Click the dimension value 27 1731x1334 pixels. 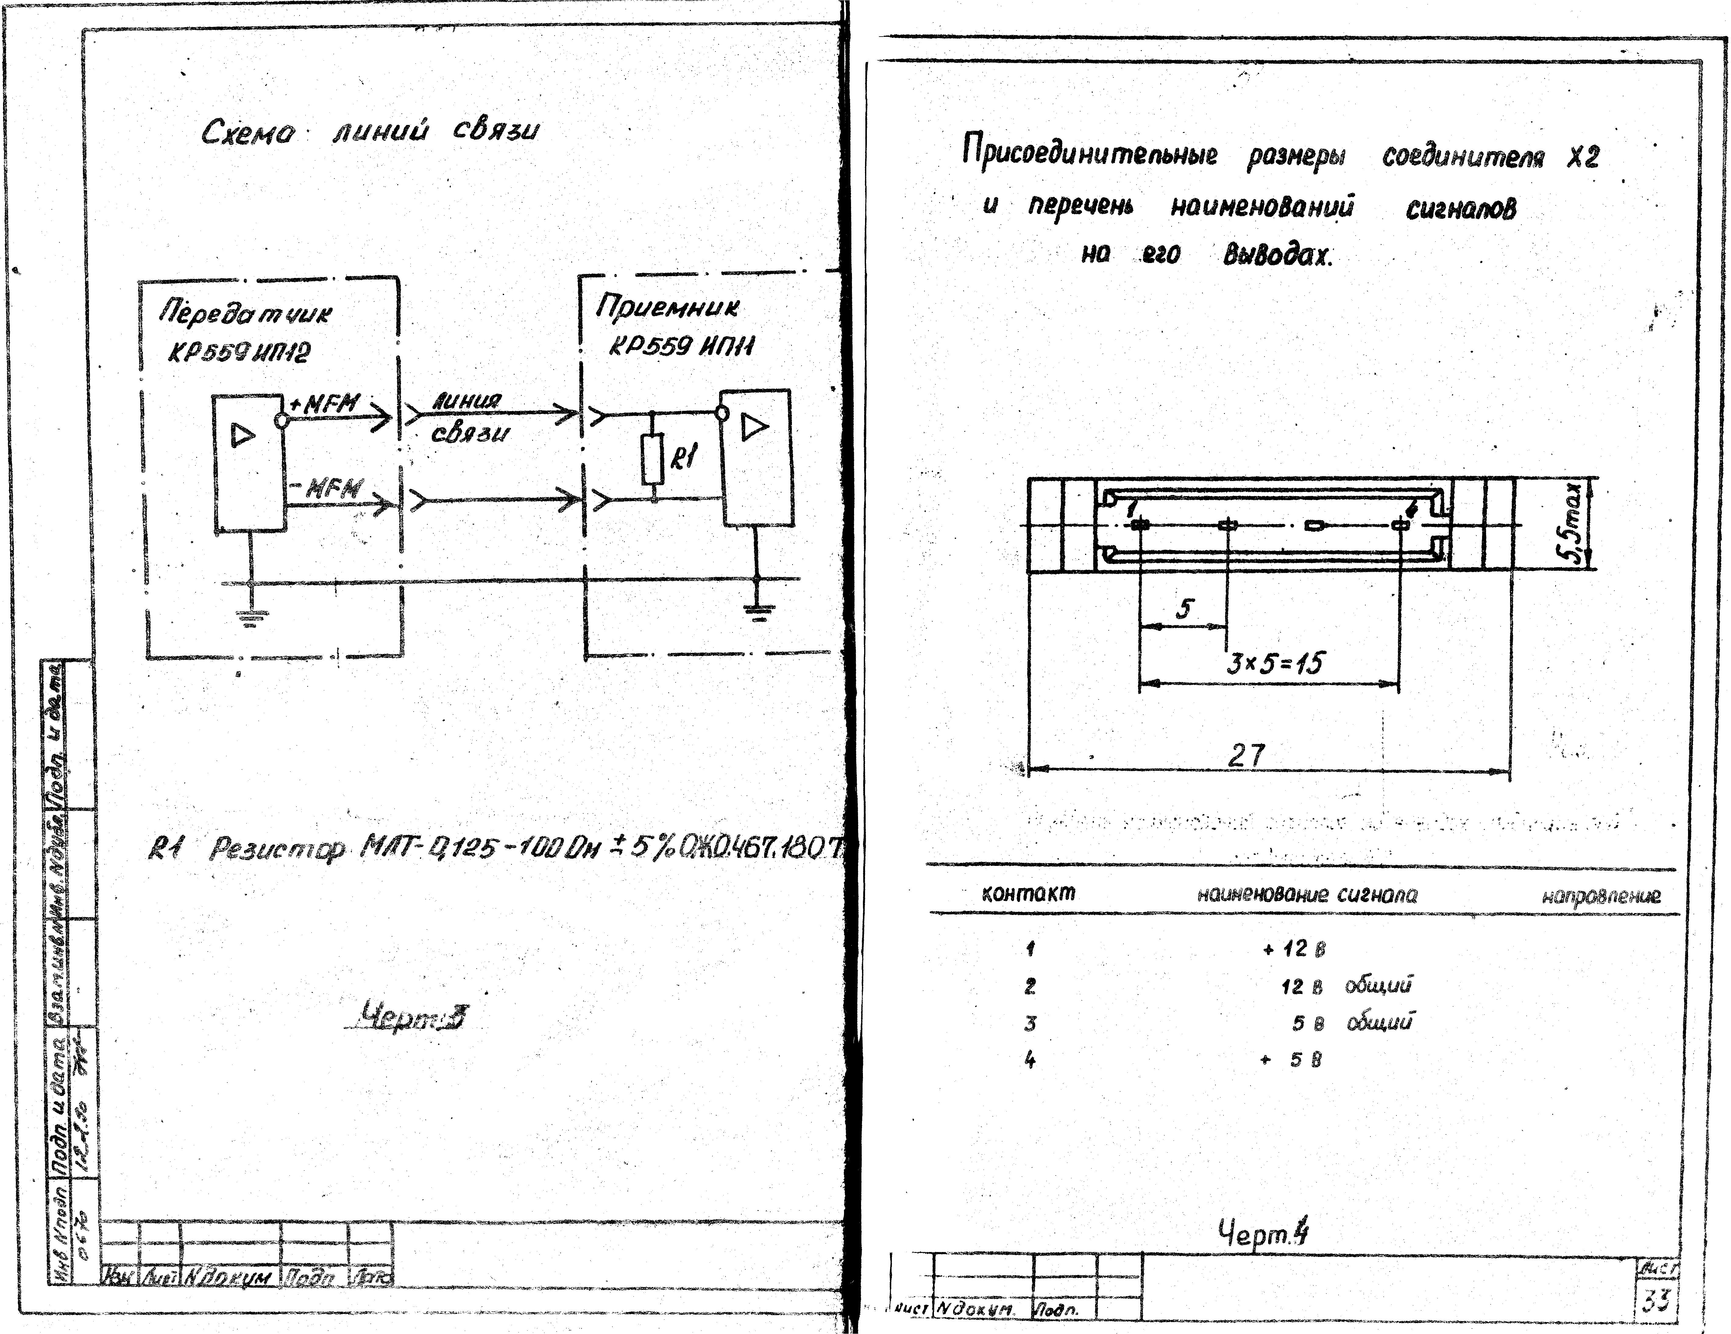coord(1247,755)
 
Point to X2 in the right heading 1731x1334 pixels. coord(1583,157)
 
